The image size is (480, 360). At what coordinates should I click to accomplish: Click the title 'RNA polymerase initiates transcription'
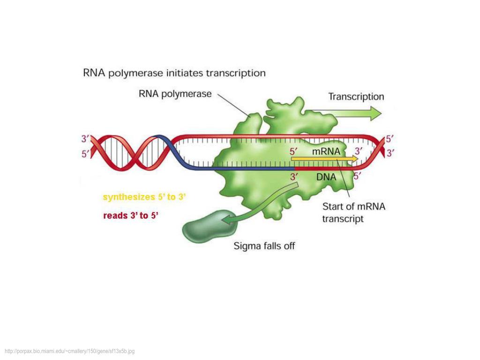tap(174, 73)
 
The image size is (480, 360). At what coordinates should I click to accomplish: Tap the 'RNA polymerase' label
tap(175, 94)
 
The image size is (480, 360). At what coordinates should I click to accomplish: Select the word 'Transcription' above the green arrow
tap(356, 97)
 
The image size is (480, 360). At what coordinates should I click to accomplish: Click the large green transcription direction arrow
tap(352, 113)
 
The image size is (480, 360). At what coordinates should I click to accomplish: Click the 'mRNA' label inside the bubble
tap(326, 151)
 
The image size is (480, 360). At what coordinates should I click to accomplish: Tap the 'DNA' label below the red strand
tap(326, 177)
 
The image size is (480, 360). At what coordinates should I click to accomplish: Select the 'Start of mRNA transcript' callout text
tap(353, 212)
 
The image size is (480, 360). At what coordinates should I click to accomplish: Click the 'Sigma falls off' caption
tap(264, 246)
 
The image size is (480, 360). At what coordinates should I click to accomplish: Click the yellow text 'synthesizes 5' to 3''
tap(145, 197)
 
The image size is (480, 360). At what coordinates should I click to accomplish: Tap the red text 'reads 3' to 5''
tap(131, 216)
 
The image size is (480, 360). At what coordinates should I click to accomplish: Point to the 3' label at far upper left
tap(86, 139)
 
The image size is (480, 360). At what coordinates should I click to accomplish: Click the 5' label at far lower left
tap(86, 153)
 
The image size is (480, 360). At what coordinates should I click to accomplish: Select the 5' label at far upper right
tap(390, 139)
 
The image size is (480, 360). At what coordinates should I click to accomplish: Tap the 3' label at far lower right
tap(390, 152)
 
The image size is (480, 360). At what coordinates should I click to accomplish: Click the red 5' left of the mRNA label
tap(294, 151)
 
